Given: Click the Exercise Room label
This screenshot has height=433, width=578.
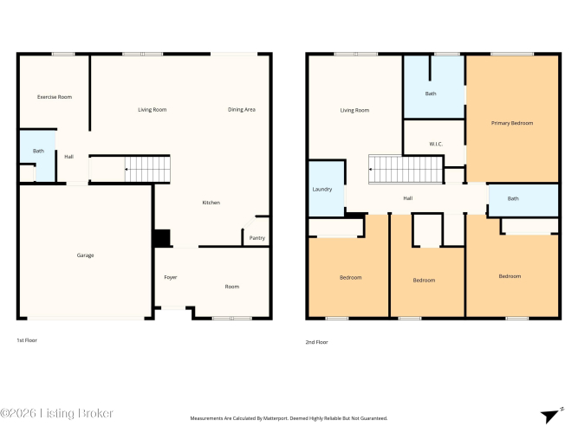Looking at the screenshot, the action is (55, 97).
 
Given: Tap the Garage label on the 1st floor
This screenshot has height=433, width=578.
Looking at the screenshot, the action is (85, 255).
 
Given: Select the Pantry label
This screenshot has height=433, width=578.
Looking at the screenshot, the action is (257, 238).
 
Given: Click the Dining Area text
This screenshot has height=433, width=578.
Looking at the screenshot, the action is (242, 109).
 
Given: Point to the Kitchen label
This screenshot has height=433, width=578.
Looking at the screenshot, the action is (211, 203).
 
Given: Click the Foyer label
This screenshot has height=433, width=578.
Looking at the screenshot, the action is (171, 277).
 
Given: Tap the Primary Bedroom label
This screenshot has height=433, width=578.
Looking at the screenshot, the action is (512, 123).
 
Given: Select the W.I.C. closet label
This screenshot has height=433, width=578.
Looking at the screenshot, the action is (436, 144).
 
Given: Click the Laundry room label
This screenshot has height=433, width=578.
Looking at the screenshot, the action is (322, 190).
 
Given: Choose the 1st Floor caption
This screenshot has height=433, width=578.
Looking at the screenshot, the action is (27, 340).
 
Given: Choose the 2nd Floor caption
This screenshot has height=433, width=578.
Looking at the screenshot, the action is (316, 342).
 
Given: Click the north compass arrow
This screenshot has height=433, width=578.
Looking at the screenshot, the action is (551, 416).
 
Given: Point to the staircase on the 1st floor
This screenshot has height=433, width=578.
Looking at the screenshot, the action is (147, 169).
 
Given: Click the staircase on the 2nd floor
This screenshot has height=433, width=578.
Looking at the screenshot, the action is (406, 169).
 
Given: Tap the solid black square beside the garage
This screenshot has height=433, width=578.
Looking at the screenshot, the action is (162, 238).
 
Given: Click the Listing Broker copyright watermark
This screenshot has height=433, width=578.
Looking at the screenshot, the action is (56, 413).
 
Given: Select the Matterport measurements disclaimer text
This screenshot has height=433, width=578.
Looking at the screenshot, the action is (289, 418).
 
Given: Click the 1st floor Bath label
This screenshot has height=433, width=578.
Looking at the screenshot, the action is (38, 151).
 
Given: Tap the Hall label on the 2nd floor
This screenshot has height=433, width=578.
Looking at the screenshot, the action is (407, 198).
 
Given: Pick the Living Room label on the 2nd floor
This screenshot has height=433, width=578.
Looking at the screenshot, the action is (354, 110).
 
